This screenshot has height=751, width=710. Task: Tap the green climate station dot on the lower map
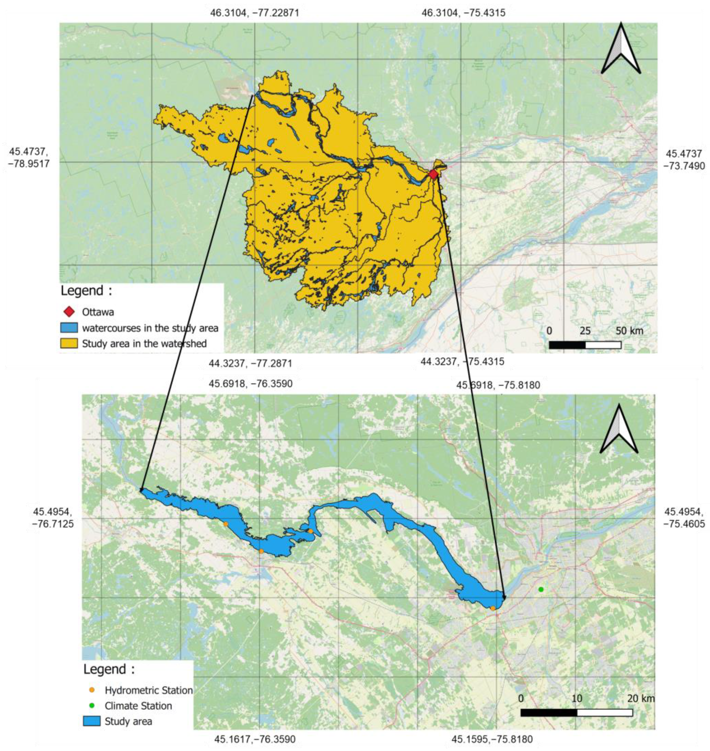541,589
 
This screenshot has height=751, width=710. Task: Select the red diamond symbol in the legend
69,312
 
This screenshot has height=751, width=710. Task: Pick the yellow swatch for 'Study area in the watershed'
69,343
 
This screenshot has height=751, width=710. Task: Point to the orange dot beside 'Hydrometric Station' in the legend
92,690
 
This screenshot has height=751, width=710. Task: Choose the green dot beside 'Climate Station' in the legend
92,706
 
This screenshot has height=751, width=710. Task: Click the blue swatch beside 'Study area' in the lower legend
92,721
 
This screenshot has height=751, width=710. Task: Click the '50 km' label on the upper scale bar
629,331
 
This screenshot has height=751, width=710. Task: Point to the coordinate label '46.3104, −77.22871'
254,13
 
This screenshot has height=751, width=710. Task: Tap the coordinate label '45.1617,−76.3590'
255,739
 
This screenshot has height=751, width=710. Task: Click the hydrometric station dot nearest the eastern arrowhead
493,608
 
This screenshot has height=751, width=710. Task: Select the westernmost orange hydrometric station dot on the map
225,524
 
